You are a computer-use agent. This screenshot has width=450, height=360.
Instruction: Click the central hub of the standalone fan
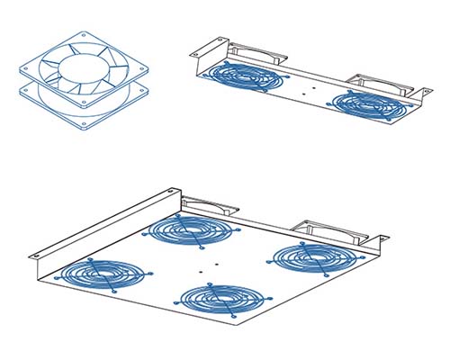coord(81,68)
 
